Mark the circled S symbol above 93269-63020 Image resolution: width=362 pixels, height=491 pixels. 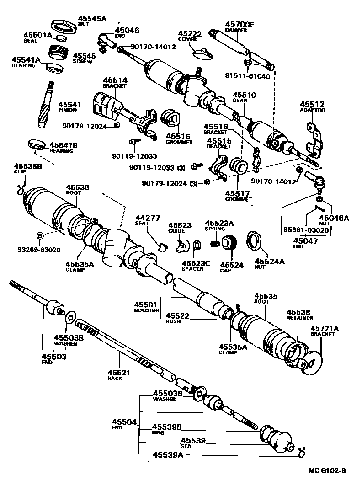pyautogui.click(x=40, y=235)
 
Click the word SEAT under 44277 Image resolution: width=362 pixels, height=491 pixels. pyautogui.click(x=141, y=223)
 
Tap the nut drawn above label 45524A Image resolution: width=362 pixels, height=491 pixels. pyautogui.click(x=254, y=240)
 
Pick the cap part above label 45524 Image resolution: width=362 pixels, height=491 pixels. pyautogui.click(x=229, y=243)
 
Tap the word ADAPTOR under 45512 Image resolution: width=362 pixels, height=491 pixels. pyautogui.click(x=312, y=110)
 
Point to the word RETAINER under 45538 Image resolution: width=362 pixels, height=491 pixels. pyautogui.click(x=300, y=317)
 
